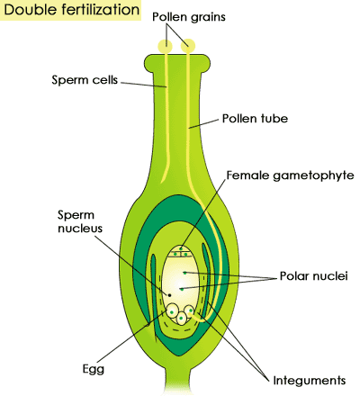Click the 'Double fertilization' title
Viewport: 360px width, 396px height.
point(72,10)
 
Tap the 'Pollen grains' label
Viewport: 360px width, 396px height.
point(189,17)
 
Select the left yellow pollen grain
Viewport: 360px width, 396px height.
point(165,46)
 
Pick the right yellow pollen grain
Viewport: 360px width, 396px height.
point(188,46)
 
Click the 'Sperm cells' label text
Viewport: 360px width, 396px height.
point(85,80)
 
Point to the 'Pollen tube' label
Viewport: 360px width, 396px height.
point(255,119)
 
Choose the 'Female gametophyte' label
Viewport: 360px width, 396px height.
point(290,175)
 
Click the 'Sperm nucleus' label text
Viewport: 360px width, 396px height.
point(80,221)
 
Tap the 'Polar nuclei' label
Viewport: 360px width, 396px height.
point(314,275)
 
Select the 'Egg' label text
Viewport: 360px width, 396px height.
point(94,369)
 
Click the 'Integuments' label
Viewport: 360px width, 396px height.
point(310,381)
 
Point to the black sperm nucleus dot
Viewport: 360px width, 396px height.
point(169,295)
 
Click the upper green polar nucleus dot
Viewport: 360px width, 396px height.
point(184,273)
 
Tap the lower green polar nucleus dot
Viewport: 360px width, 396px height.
point(182,289)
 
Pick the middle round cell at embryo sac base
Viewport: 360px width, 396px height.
point(181,319)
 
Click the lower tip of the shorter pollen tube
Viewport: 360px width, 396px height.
point(162,182)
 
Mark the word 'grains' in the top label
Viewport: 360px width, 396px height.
point(208,18)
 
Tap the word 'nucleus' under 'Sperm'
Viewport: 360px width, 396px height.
point(80,229)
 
